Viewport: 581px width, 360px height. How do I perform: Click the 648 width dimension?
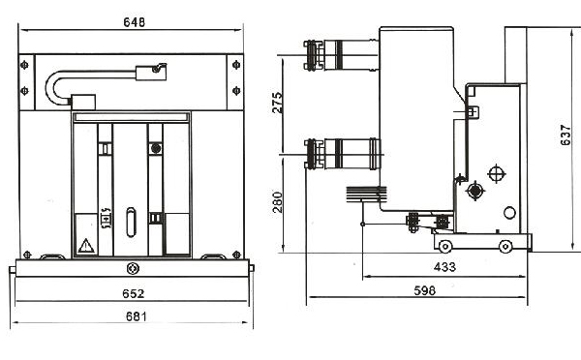[x=135, y=22]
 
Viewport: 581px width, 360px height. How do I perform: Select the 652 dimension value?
[x=133, y=293]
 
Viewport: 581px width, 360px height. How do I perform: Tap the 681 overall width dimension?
[x=136, y=316]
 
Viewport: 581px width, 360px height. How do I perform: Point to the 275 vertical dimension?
[x=277, y=103]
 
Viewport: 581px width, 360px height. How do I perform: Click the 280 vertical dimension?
[x=277, y=202]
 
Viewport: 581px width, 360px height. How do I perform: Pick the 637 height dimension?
[x=566, y=135]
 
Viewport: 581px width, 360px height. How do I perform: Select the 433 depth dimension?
[x=444, y=267]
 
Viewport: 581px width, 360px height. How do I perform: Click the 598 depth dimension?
[x=425, y=290]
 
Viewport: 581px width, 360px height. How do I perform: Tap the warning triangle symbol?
[x=86, y=246]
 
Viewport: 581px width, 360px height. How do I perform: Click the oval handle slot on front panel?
[x=131, y=223]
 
